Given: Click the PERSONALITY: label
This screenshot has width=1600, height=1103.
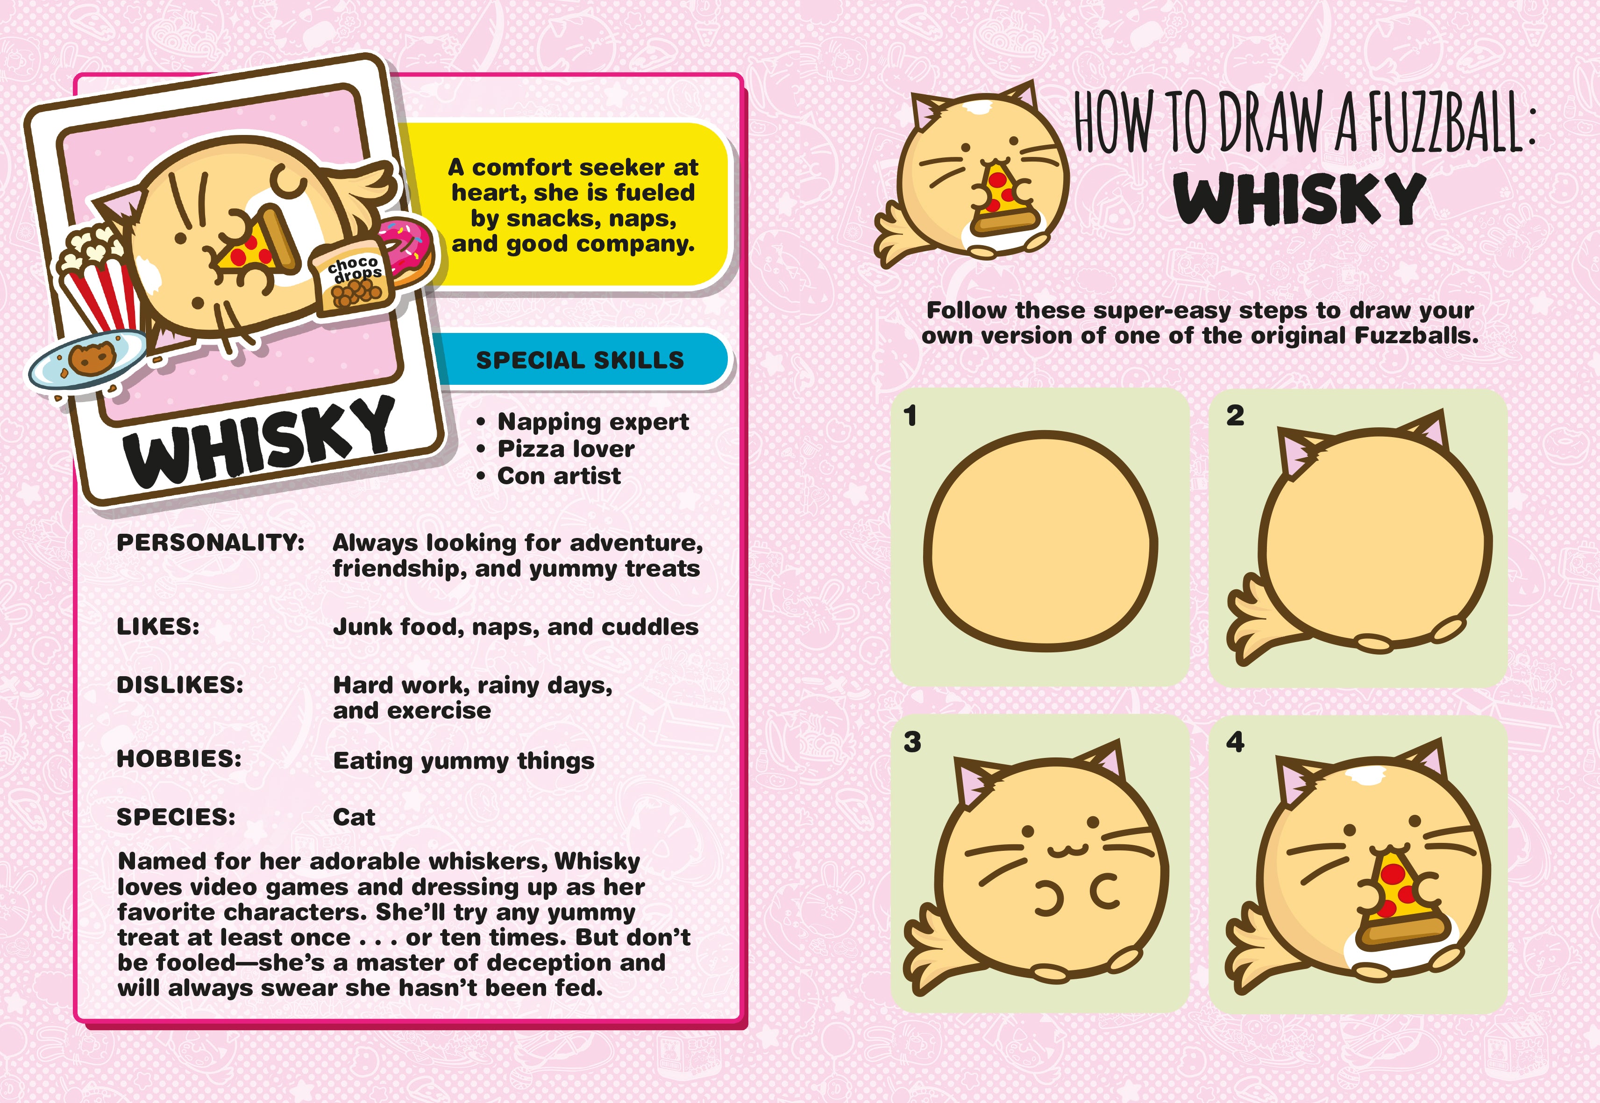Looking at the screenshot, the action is [210, 543].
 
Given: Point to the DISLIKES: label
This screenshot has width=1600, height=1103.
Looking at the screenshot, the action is [180, 685].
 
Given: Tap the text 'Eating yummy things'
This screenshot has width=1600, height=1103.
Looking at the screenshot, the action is [463, 761].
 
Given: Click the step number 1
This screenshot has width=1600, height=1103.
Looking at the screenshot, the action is [910, 416].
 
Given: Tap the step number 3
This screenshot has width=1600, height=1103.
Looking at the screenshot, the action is [912, 742].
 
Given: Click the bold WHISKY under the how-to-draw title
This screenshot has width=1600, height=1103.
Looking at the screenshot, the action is [1300, 198].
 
